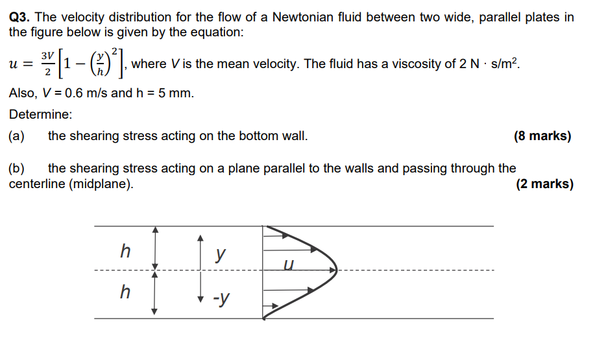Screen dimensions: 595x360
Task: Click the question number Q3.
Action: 21,18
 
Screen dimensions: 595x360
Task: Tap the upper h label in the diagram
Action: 126,250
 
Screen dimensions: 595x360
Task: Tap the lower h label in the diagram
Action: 126,292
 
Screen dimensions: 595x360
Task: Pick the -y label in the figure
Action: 221,299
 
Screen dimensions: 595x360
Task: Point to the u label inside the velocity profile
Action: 289,264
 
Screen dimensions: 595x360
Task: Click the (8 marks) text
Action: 542,136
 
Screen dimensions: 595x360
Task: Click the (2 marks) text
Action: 544,184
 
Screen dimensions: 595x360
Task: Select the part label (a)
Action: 17,136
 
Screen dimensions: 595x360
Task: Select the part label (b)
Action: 17,169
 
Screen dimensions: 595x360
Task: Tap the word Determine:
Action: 41,114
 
